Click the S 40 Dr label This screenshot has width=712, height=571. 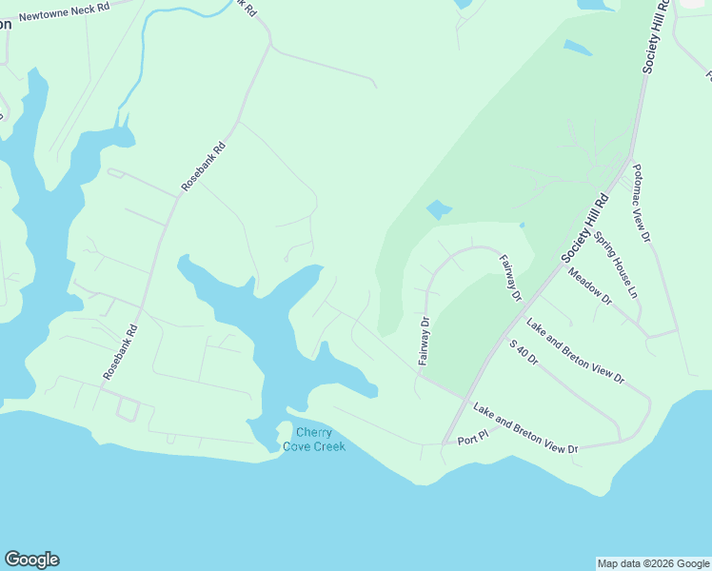click(524, 355)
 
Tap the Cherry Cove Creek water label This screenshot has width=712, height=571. click(313, 439)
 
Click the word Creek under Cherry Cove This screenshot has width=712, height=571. click(326, 445)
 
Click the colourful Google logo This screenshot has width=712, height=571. click(31, 560)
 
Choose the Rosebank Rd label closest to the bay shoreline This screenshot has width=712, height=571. click(120, 353)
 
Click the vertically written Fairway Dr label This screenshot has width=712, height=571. click(425, 341)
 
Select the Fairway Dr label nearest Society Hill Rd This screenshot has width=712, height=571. click(511, 278)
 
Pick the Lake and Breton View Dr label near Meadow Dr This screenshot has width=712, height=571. click(575, 351)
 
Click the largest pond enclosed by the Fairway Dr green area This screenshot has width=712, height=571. click(438, 209)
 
